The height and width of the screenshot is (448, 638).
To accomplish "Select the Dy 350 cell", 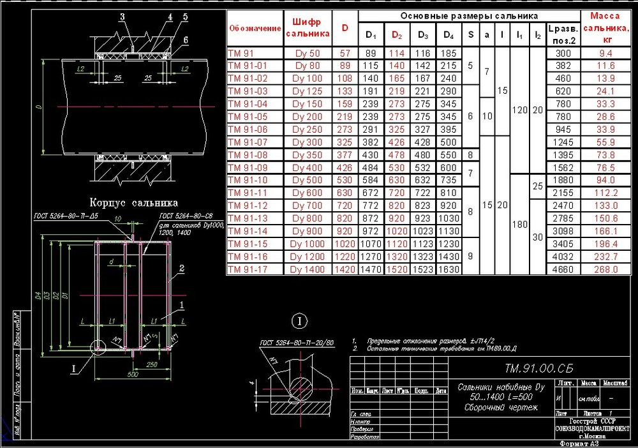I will (x=307, y=155).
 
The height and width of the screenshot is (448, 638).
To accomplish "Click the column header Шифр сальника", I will (x=308, y=27).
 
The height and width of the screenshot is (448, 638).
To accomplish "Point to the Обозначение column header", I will (x=255, y=28).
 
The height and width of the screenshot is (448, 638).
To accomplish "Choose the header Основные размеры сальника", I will (x=469, y=15).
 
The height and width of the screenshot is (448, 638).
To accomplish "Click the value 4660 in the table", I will (x=564, y=269).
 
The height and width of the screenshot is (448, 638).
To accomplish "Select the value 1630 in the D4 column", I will (x=449, y=269).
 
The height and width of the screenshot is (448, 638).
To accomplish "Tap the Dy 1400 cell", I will (x=307, y=269).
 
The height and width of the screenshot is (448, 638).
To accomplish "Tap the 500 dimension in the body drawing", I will (x=133, y=374).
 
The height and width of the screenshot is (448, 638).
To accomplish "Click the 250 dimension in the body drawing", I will (x=151, y=364).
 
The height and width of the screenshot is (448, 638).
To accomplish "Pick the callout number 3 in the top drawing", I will (x=122, y=15).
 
